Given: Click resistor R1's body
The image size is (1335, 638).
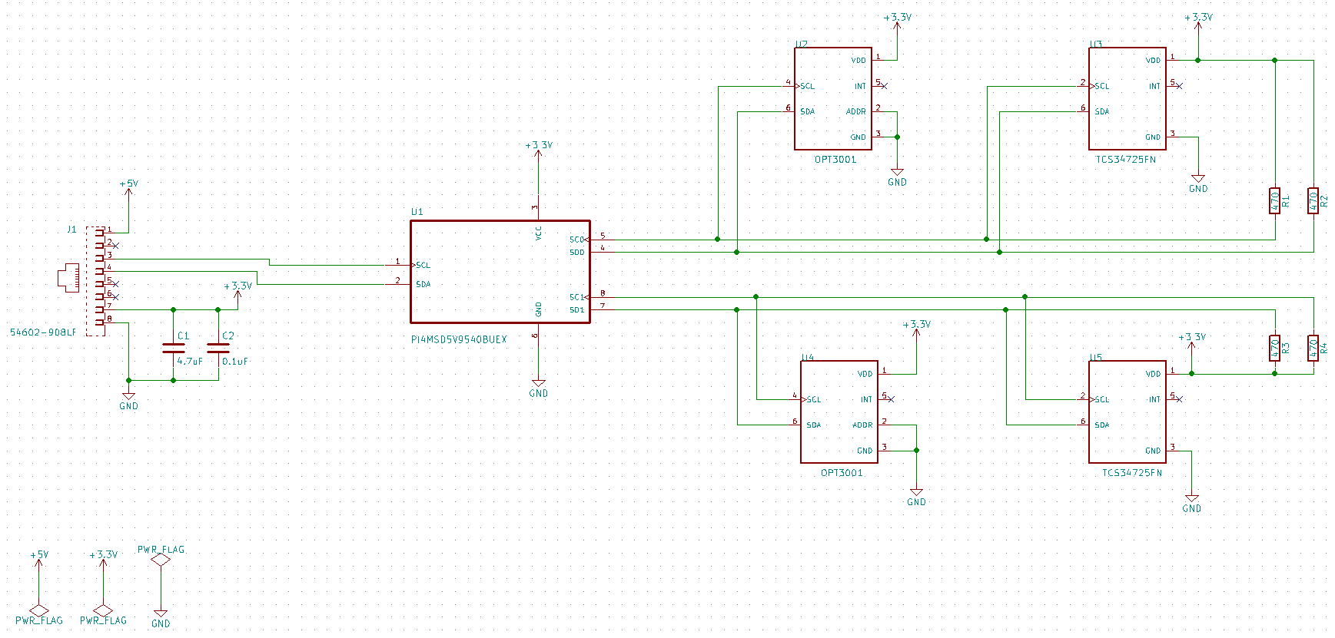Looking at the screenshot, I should coord(1274,201).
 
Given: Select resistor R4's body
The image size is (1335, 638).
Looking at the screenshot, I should coord(1313,348).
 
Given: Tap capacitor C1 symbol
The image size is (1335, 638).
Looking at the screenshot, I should coord(174,348).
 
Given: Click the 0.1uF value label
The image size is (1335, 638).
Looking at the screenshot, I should coord(234,361).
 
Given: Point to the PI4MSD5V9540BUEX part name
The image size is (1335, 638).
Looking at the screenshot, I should coord(459,339).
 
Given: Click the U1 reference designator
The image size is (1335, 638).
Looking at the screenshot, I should coord(417,212).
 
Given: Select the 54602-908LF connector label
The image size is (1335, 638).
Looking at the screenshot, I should coord(43,332).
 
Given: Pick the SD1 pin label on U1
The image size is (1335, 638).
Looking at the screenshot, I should coord(576,310).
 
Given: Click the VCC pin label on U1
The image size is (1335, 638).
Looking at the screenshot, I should coord(538,233).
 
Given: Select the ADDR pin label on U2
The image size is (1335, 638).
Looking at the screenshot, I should coord(855,112).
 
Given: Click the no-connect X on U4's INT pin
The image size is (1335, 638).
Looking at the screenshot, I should coord(891,399).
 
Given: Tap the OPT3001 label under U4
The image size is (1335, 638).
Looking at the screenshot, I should coord(842,473).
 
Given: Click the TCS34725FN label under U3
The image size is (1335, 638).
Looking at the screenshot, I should coord(1125,160).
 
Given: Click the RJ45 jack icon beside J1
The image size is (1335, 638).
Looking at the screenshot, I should coord(68,277).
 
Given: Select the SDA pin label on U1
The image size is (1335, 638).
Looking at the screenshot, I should coord(423,284).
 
